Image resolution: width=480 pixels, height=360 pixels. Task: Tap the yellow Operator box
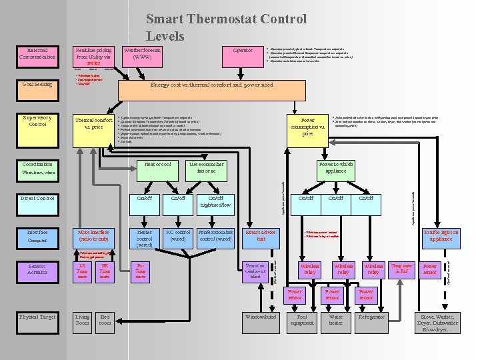243,51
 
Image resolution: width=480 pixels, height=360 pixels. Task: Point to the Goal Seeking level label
37,85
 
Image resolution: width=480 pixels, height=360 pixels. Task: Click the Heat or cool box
158,165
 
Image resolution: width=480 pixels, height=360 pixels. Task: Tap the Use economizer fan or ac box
207,168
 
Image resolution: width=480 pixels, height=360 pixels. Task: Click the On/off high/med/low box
216,201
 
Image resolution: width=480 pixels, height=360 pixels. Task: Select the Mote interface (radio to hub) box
93,235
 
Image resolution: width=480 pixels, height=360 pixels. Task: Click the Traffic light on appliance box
441,235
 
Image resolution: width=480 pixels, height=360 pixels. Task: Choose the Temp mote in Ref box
401,268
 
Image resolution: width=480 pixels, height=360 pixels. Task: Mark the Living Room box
82,321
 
